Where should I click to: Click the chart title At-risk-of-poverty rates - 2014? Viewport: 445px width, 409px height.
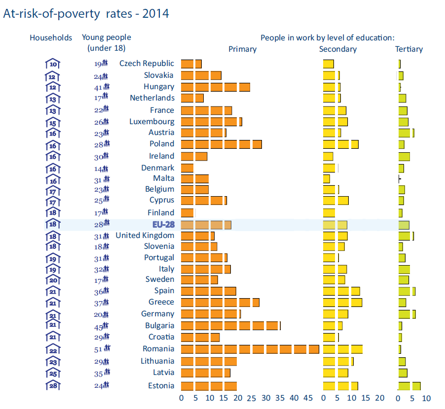coord(86,14)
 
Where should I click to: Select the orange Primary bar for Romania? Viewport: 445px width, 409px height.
coord(250,349)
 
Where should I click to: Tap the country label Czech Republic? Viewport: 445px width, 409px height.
coord(147,63)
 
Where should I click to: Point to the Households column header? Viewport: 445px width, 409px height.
coord(51,37)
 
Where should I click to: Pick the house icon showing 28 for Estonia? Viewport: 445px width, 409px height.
coord(53,385)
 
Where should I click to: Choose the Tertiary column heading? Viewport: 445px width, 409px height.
coord(409,49)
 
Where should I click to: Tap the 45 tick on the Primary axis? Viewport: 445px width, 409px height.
coord(308,398)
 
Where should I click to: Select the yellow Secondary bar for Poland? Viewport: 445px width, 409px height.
coord(340,144)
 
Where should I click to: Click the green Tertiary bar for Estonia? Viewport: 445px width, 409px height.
coord(409,386)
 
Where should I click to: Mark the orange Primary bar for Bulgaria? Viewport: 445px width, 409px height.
coord(230,326)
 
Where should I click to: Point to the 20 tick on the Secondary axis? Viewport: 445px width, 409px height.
coord(379,398)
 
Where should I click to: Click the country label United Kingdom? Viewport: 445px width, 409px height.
coord(145,235)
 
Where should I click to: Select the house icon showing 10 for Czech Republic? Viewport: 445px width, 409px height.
coord(53,64)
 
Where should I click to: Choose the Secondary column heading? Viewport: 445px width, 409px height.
coord(337,49)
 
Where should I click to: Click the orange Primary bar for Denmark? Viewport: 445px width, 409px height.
coord(187,168)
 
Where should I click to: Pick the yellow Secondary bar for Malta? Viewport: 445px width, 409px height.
coord(326,178)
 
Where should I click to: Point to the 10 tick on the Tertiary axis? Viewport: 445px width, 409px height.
coord(426,398)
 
